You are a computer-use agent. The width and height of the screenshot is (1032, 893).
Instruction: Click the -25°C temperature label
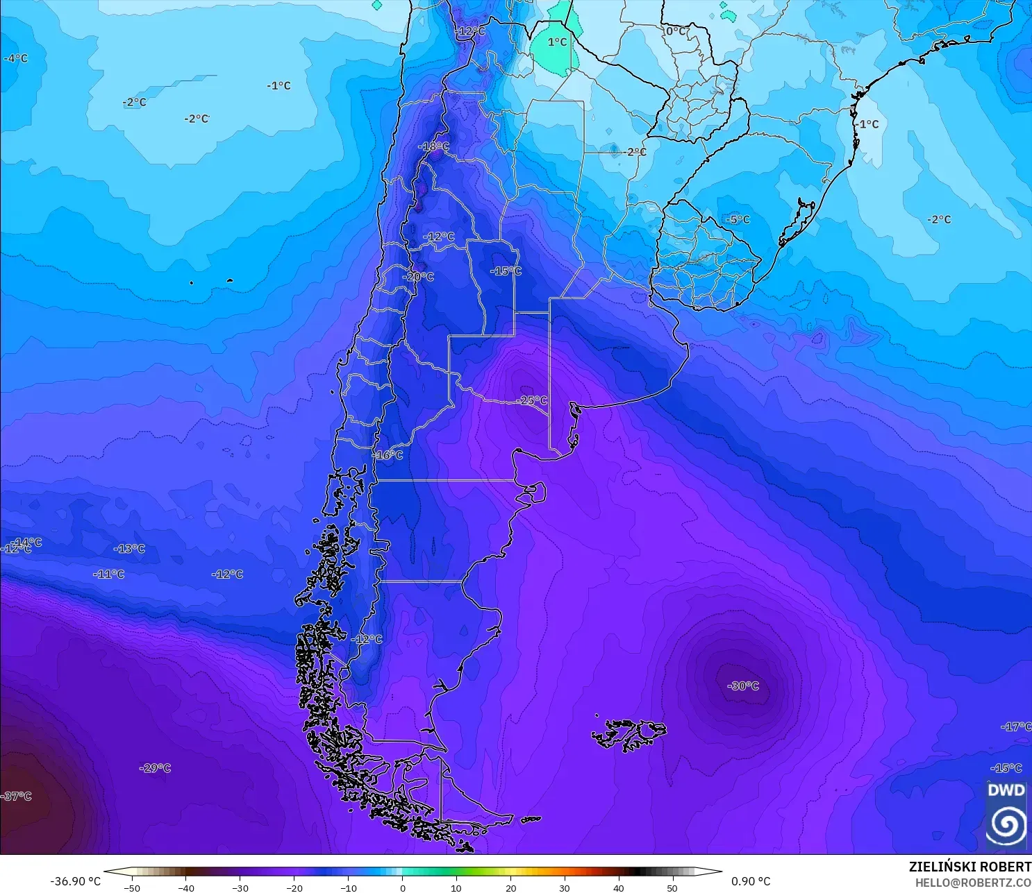533,400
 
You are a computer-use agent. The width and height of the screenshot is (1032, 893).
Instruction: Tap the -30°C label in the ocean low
743,686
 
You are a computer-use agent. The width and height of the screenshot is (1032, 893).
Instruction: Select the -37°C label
17,796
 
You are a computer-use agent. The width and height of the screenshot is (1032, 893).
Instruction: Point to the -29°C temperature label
155,768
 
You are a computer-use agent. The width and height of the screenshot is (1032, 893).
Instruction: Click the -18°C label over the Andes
433,146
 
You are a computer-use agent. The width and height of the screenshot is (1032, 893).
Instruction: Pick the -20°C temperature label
418,276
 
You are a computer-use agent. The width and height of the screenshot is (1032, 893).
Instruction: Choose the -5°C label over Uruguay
738,219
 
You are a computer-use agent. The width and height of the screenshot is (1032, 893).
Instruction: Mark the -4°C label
15,58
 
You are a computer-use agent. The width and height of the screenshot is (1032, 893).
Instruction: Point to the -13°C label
129,549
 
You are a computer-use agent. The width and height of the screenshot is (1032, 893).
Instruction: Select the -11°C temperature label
108,574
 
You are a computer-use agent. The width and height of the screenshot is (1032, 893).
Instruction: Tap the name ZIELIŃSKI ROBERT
969,867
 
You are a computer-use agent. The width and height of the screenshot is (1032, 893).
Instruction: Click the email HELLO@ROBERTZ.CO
972,883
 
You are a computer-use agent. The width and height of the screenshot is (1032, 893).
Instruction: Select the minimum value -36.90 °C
75,881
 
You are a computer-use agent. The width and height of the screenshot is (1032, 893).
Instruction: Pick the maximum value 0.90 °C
751,881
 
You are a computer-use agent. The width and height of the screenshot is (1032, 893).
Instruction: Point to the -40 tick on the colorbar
186,887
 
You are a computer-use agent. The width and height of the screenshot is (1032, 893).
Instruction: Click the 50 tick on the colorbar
672,887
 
